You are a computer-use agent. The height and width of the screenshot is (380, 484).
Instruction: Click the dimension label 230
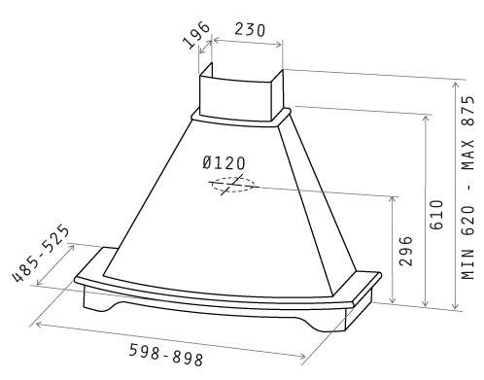(250, 30)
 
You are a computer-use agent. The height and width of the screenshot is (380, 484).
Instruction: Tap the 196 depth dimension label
(196, 35)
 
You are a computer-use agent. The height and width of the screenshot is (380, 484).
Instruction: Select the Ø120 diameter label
(224, 163)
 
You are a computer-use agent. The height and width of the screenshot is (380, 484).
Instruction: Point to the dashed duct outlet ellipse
(232, 185)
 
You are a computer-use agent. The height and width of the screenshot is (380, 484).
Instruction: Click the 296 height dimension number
(406, 251)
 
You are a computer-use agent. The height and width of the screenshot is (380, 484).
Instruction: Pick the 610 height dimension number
(436, 215)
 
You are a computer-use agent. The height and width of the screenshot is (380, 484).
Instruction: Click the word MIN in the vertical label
(468, 264)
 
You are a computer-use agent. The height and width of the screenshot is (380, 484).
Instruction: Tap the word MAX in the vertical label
(468, 155)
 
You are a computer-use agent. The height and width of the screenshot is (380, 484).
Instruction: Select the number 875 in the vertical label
(468, 111)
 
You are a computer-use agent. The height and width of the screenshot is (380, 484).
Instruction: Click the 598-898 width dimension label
(166, 355)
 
